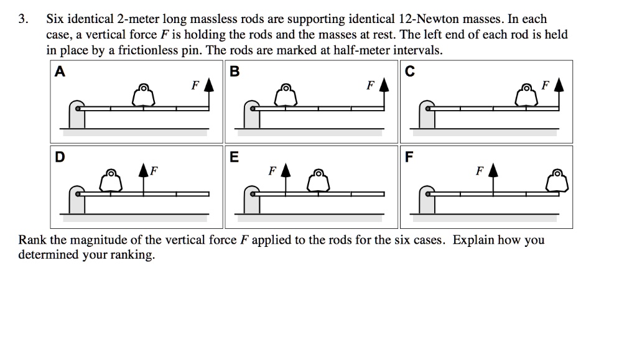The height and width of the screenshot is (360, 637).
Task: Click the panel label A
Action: tap(59, 72)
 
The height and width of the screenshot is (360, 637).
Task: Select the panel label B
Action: tap(234, 72)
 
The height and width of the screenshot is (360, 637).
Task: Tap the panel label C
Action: tap(409, 72)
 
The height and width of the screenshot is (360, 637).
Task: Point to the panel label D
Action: tap(59, 157)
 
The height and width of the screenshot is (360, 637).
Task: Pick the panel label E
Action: tap(234, 157)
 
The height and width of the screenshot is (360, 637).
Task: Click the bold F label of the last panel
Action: tap(409, 157)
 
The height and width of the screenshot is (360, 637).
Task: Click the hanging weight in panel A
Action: tap(144, 96)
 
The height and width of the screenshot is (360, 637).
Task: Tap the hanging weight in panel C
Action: tap(527, 96)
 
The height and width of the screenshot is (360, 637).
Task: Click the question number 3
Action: tap(22, 19)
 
